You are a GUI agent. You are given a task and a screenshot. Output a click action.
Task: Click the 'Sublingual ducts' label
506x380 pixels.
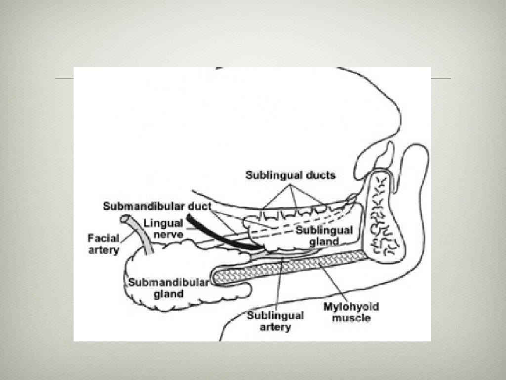click(291, 175)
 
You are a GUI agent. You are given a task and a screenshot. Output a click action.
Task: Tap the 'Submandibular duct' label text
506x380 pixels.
click(157, 206)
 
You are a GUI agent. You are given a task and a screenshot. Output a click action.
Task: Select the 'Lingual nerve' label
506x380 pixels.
click(164, 228)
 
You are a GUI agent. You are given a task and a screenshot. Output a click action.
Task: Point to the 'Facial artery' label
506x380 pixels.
click(104, 244)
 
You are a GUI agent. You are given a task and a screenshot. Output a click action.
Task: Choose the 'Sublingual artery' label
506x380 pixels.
click(276, 321)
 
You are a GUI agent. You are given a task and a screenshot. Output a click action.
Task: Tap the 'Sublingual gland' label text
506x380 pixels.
click(324, 236)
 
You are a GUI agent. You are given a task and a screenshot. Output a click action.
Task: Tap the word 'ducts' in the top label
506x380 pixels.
click(320, 175)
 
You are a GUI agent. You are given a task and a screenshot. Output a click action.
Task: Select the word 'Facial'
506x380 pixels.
click(104, 238)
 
